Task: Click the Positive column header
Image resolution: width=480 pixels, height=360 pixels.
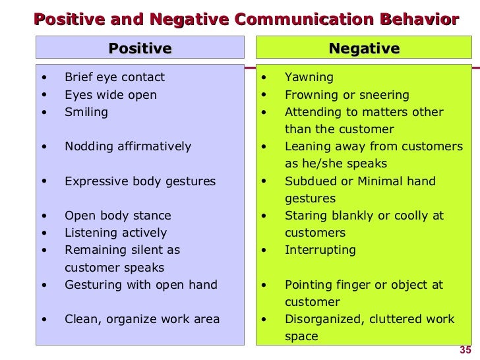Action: pos(140,48)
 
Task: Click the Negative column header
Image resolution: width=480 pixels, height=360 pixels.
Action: pos(364,48)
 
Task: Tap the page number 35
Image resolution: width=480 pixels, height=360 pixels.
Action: pos(464,350)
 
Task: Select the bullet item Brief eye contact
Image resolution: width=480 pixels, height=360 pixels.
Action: pos(115,77)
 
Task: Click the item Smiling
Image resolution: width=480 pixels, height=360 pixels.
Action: pos(86,112)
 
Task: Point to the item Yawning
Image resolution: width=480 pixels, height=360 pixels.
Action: pos(309,78)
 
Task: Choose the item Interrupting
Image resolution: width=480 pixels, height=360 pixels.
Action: pos(320,250)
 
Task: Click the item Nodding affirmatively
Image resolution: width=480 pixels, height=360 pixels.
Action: pos(128,146)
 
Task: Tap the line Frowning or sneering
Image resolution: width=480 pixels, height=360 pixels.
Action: pos(347,95)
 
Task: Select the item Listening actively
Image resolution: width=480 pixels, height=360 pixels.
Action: pos(115,233)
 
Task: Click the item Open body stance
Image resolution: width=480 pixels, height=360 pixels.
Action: pos(117,216)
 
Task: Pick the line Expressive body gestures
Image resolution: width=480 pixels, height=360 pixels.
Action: pos(140,181)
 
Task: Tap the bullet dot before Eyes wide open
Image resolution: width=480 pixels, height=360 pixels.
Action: pos(44,95)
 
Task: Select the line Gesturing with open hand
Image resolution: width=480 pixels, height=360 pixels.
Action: pos(140,285)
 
